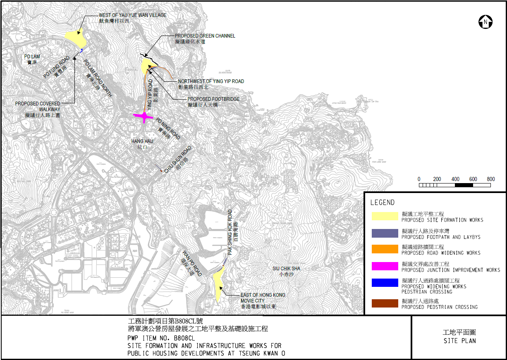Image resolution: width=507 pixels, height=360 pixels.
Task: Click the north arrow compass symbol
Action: coord(485,22)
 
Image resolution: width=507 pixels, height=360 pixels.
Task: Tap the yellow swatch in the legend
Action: coord(384,217)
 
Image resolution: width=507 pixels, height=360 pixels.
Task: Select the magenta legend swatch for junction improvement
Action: coord(384,267)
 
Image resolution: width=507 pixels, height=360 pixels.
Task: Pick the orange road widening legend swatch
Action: coord(384,249)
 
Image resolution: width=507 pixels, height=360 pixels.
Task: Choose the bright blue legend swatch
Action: coord(384,283)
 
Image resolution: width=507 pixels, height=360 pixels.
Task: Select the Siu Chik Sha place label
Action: coord(286,271)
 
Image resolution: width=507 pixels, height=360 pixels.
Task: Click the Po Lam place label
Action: coord(32,59)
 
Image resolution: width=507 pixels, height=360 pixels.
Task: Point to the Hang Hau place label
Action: coord(142,144)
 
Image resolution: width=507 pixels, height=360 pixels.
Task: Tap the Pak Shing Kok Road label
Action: coord(232,231)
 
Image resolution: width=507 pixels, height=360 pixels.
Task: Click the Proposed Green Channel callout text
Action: coord(205,38)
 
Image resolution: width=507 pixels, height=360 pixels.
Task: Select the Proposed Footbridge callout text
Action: coord(213,102)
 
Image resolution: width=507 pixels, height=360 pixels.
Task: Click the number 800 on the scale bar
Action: coord(491,179)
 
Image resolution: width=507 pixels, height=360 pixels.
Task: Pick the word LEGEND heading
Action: coord(382,203)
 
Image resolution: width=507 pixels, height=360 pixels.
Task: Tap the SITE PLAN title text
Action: coord(459,337)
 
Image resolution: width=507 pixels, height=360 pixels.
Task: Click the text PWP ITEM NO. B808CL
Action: coord(161,338)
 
